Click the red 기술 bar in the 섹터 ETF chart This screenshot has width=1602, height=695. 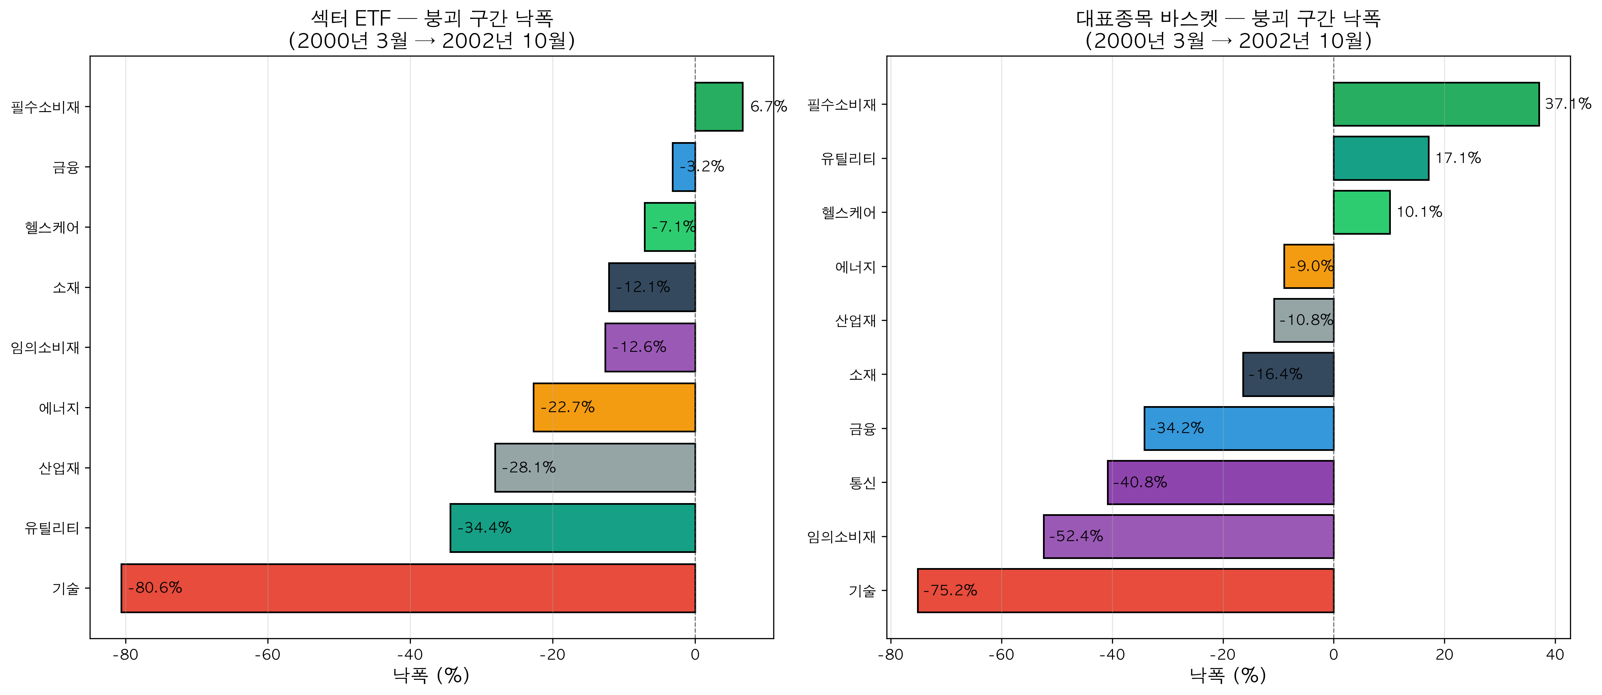[407, 588]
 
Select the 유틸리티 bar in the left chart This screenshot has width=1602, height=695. [572, 528]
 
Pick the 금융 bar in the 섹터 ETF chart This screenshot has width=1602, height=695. [683, 167]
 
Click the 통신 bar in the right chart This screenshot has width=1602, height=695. [1220, 483]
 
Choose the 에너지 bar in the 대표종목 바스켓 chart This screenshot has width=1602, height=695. [1308, 266]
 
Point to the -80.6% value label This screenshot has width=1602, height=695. [155, 588]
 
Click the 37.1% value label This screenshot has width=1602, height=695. [1568, 104]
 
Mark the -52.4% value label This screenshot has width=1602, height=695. [1076, 536]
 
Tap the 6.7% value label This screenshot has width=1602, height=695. [768, 106]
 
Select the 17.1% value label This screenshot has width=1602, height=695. [1458, 158]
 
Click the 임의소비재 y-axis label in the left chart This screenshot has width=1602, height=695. [45, 347]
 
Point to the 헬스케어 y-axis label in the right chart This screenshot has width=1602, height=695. [848, 212]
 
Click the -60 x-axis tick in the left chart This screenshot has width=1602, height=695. [267, 655]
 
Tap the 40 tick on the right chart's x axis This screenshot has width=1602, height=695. [1555, 655]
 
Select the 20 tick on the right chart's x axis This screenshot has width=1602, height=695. [1444, 655]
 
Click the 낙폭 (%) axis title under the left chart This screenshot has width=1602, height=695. [431, 675]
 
